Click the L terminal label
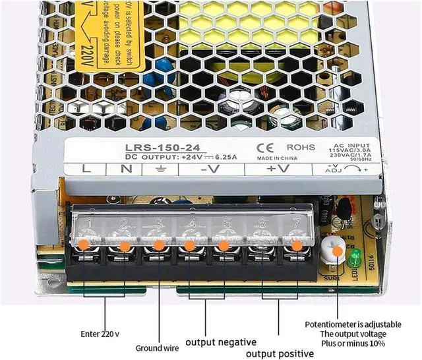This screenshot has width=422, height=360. coord(86,169)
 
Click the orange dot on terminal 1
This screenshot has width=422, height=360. coord(84,244)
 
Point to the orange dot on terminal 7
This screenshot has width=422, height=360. coord(297,245)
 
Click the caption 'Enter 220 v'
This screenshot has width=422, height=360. coord(100,333)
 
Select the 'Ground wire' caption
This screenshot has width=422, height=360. coord(157,347)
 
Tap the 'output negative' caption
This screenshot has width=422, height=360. coord(220,342)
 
